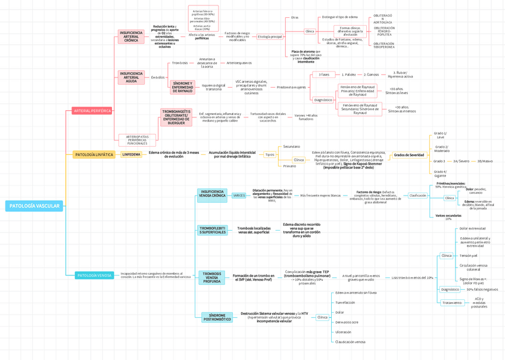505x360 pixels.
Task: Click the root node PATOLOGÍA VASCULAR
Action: pos(34,206)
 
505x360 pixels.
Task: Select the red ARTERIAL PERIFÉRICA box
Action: pos(92,110)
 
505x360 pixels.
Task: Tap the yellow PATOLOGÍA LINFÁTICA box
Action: pos(93,154)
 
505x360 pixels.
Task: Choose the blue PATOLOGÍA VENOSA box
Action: pos(94,275)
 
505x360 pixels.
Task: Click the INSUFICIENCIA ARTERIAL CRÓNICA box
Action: pos(131,36)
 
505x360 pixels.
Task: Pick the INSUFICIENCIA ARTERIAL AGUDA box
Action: pos(131,77)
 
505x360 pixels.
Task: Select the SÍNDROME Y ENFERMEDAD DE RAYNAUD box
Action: pos(182,87)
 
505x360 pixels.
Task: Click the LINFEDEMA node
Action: pos(131,154)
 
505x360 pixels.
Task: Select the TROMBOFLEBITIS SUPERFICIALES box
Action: pos(212,230)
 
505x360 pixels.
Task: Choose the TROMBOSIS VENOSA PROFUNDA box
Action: pos(212,277)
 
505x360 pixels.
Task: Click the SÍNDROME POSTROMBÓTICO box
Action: pos(217,317)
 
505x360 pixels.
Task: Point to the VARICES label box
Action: pos(239,195)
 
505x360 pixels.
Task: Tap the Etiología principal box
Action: pos(270,37)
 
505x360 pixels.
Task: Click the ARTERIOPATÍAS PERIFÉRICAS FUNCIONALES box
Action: pos(138,139)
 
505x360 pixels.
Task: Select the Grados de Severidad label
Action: pos(409,155)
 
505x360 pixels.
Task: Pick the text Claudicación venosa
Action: pos(350,342)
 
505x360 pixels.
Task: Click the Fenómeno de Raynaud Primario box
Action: pos(357,90)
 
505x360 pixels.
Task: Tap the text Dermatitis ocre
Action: pos(347,322)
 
